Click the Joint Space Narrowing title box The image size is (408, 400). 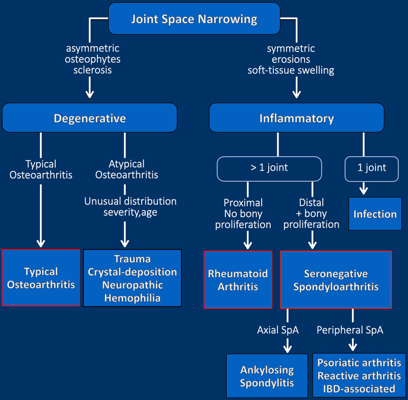coord(194,20)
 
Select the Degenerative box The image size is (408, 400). coord(90,118)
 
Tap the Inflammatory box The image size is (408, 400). coord(296,118)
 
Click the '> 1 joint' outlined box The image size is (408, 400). coord(269,167)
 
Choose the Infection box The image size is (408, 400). coord(375,214)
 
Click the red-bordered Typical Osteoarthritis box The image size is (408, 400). coord(41,278)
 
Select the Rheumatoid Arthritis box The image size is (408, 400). coord(238,280)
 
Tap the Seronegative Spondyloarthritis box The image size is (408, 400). coord(336,280)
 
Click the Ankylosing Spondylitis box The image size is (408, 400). coord(267,376)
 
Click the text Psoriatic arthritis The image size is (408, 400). coord(359,363)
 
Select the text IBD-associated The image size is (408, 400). coord(359,389)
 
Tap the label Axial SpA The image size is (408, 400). coord(277,330)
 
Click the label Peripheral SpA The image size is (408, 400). coord(349,330)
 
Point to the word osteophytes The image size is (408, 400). coord(92,59)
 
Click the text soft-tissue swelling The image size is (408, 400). coord(291,70)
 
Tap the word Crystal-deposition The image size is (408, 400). coord(132,272)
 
